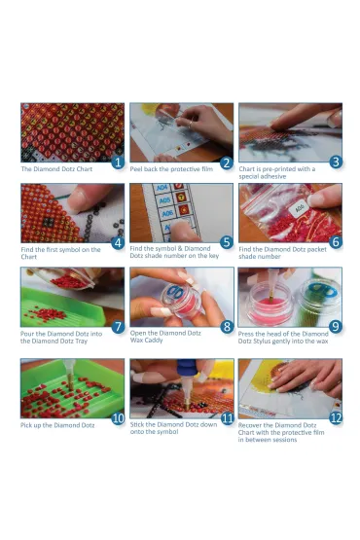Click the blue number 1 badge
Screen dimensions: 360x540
pyautogui.click(x=118, y=162)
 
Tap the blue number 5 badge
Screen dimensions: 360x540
pyautogui.click(x=227, y=242)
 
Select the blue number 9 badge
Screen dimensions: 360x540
pyautogui.click(x=336, y=326)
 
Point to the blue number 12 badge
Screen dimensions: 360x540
pyautogui.click(x=336, y=417)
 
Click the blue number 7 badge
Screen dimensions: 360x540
pyautogui.click(x=118, y=326)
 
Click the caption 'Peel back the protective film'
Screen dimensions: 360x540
pyautogui.click(x=171, y=169)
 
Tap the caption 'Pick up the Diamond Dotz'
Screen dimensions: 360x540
pyautogui.click(x=57, y=425)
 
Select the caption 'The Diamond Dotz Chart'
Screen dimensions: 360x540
pyautogui.click(x=56, y=168)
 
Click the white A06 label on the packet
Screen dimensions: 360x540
pyautogui.click(x=300, y=208)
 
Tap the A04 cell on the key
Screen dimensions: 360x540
pyautogui.click(x=162, y=188)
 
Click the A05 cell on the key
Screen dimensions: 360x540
pyautogui.click(x=164, y=200)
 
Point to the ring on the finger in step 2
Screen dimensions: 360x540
pyautogui.click(x=190, y=124)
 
